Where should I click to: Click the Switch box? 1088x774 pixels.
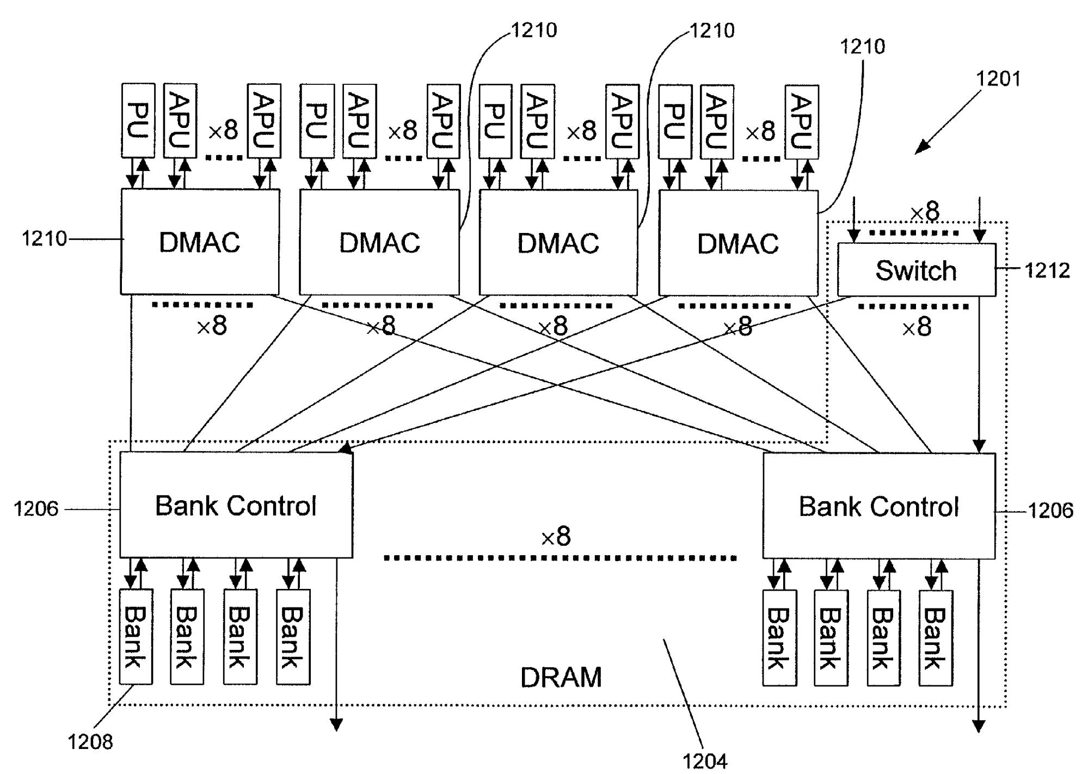point(916,270)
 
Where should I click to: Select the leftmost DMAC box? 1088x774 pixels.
point(200,242)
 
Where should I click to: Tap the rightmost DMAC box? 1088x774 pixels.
point(738,243)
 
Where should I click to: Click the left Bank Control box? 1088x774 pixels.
point(236,505)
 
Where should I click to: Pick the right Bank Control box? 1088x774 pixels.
point(878,506)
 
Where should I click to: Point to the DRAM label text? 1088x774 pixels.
point(561,677)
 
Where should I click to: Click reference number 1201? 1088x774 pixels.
point(998,79)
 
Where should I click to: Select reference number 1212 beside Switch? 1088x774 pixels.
point(1047,271)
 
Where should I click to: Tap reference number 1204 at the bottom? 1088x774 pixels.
point(705,761)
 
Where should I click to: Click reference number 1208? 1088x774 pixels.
point(90,741)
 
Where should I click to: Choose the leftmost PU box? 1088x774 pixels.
point(138,120)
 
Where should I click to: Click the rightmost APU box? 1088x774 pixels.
point(802,121)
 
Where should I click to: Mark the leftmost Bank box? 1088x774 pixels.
point(136,637)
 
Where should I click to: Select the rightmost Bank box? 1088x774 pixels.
point(936,638)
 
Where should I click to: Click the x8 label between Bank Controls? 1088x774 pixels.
point(556,537)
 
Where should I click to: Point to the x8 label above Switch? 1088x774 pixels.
point(925,211)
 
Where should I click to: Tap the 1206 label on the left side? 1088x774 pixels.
point(36,509)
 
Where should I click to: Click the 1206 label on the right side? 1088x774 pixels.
point(1050,511)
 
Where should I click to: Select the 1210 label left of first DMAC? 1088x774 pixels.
point(44,238)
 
